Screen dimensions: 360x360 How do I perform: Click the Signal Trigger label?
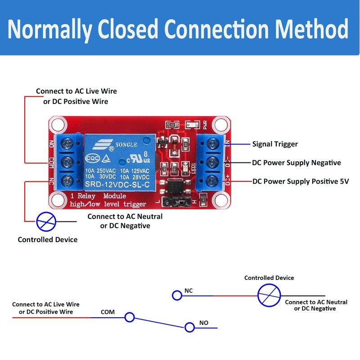click(275, 144)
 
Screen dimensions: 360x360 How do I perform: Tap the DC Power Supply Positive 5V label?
click(301, 181)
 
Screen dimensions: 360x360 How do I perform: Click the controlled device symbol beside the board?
click(46, 221)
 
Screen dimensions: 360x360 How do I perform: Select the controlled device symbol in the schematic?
click(269, 296)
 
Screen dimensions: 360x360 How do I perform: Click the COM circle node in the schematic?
click(130, 317)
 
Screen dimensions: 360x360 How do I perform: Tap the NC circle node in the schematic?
click(177, 295)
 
